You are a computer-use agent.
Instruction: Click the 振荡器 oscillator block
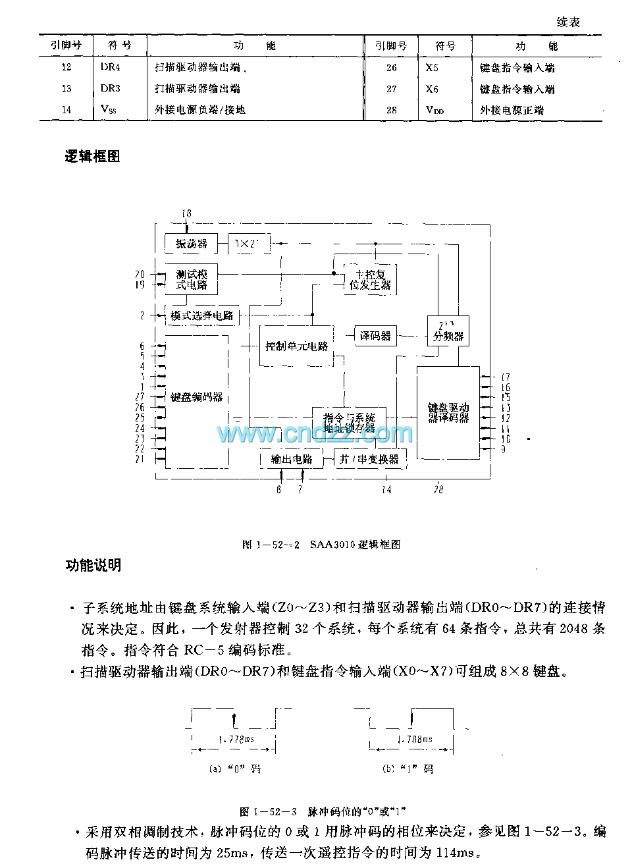(x=191, y=244)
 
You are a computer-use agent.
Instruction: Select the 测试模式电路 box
(x=191, y=279)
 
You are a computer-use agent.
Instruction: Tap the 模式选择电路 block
(x=202, y=315)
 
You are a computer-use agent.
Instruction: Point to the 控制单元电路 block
(x=296, y=346)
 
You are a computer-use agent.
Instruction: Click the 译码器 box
(x=375, y=336)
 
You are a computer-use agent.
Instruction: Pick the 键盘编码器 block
(x=196, y=397)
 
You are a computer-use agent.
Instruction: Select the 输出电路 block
(x=292, y=459)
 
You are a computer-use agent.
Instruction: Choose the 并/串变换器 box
(x=369, y=459)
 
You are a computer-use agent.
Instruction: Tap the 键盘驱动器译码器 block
(x=448, y=412)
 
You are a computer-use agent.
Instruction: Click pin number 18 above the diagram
(x=186, y=213)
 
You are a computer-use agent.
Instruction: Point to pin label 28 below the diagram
(x=438, y=489)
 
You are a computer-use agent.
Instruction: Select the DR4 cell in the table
(x=111, y=67)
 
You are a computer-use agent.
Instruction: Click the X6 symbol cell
(x=432, y=89)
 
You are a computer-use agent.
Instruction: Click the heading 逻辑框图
(x=92, y=156)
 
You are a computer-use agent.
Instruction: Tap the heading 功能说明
(x=92, y=565)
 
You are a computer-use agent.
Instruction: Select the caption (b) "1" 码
(x=408, y=769)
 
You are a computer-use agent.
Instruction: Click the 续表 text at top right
(x=568, y=22)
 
